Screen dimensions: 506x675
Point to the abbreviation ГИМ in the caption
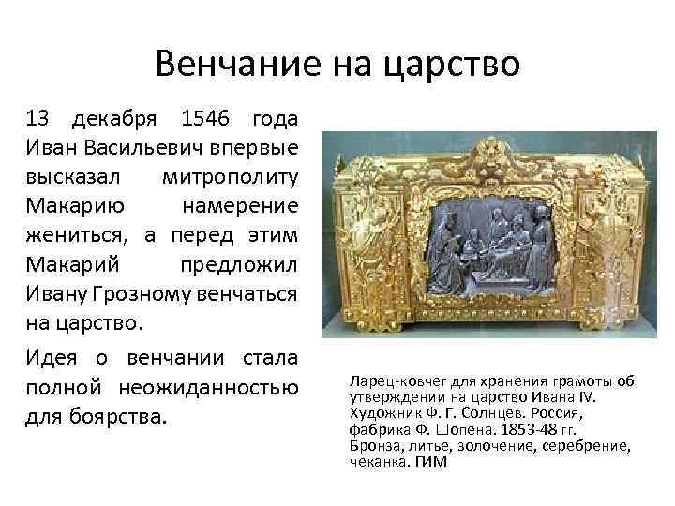click(x=430, y=461)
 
